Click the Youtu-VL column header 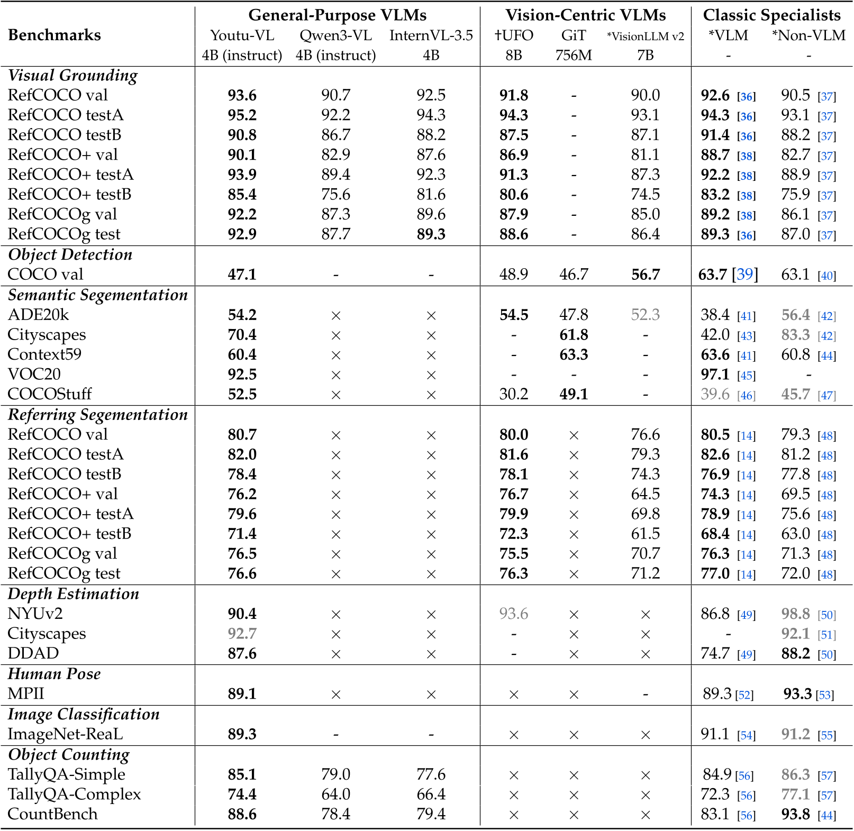[x=242, y=35]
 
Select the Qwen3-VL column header [x=335, y=35]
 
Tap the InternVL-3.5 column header [x=431, y=35]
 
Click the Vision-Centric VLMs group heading [x=585, y=15]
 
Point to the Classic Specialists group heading [x=771, y=15]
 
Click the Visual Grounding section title [x=73, y=75]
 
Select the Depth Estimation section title [x=74, y=593]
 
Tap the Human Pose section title [x=54, y=673]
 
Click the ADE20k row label [x=38, y=315]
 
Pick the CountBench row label [x=52, y=814]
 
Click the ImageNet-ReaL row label [x=65, y=734]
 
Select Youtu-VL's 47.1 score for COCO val [x=242, y=275]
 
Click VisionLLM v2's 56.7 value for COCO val [x=645, y=275]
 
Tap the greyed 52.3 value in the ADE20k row [x=645, y=315]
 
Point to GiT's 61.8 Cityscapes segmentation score [x=574, y=335]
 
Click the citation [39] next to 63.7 [x=744, y=275]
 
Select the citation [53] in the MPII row [x=824, y=695]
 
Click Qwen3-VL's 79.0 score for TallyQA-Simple [x=335, y=774]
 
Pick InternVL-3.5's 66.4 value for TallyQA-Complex [x=431, y=795]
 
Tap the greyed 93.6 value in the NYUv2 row [x=513, y=614]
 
